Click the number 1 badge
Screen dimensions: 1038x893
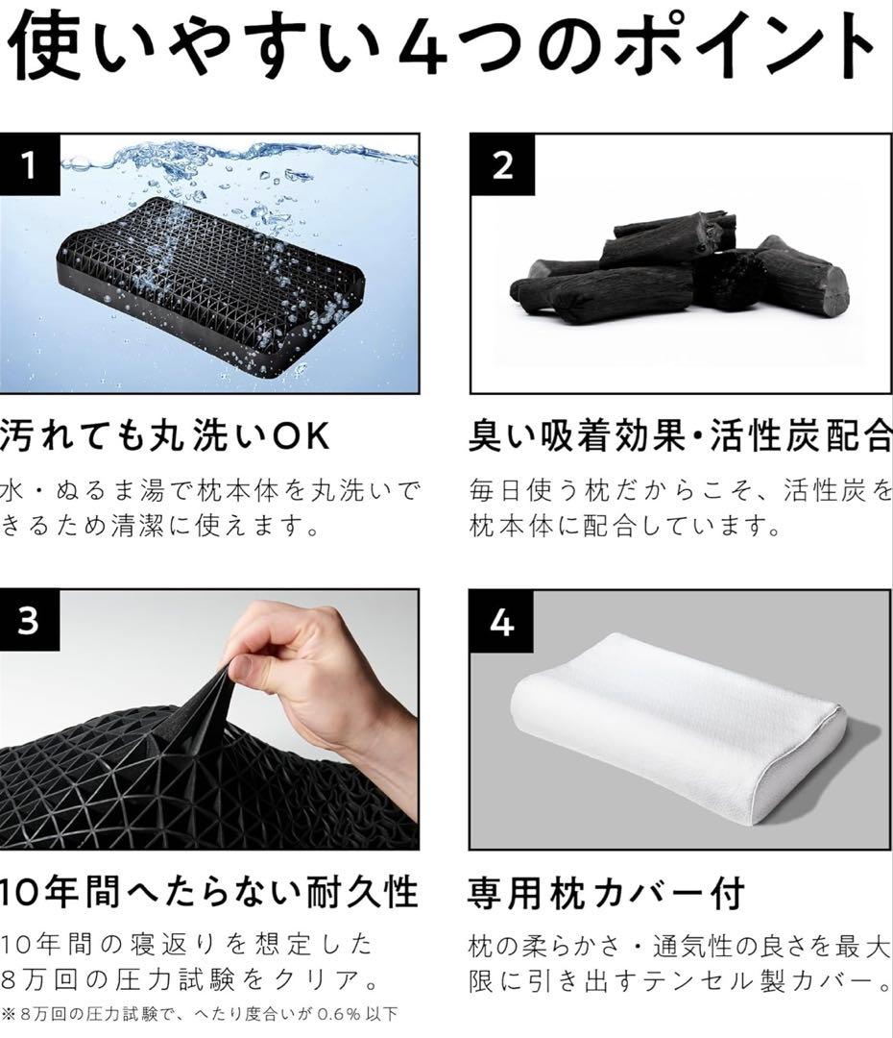coord(29,164)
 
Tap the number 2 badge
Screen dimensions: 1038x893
coord(501,164)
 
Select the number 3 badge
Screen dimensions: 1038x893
coord(29,621)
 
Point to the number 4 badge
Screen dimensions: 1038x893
coord(501,622)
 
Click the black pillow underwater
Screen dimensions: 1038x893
coord(211,279)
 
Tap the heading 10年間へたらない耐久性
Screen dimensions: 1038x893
coord(206,892)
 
